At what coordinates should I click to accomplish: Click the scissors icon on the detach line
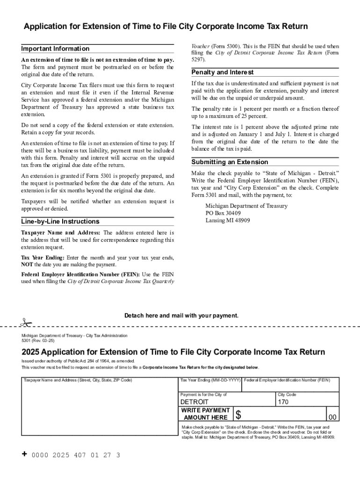tap(25, 322)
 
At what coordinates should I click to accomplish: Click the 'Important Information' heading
tap(55, 49)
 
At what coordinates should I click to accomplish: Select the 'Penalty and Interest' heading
tap(223, 73)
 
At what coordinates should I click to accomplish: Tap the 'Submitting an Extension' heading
tap(230, 162)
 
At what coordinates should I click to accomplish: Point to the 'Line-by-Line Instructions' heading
tap(60, 221)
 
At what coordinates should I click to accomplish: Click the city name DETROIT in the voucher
tap(194, 402)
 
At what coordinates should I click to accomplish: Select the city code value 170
tap(283, 402)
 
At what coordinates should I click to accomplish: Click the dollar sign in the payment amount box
tap(238, 414)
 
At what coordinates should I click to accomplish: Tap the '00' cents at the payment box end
tap(332, 417)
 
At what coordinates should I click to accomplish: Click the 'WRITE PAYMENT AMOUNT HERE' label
tap(206, 414)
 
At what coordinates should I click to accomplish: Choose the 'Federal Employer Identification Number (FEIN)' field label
tap(287, 380)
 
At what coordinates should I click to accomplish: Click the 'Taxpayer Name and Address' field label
tap(78, 380)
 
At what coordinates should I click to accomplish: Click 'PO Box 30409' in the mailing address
tap(223, 213)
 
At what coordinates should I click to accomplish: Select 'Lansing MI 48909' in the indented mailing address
tap(228, 220)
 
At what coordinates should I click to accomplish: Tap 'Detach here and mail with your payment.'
tap(181, 316)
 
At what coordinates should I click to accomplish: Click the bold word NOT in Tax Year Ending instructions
tap(27, 265)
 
